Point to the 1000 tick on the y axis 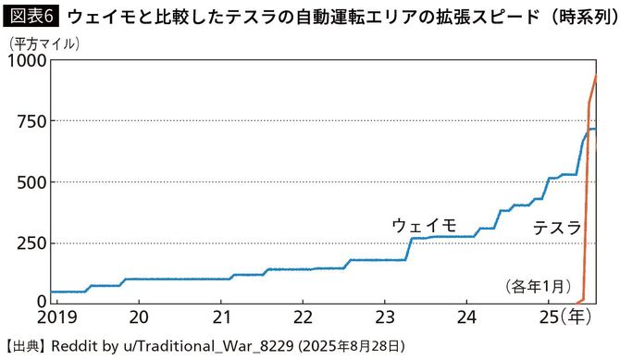[x=26, y=62]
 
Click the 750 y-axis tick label [x=31, y=121]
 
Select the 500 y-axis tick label [x=31, y=181]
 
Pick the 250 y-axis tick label [x=31, y=242]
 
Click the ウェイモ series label [x=424, y=225]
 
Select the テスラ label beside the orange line [x=557, y=228]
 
